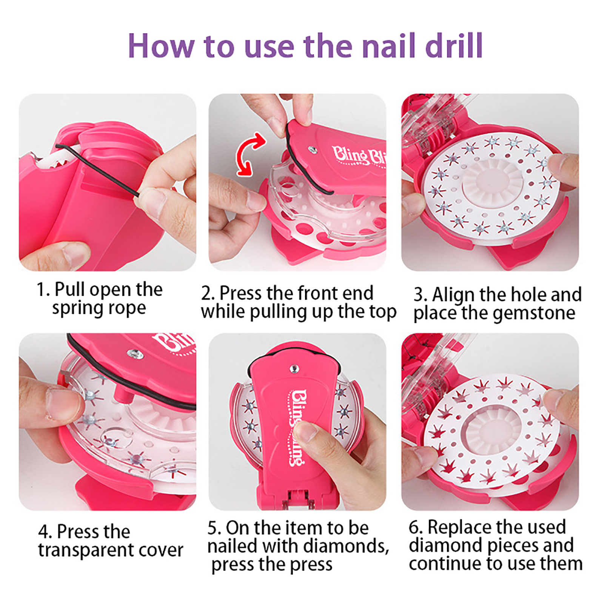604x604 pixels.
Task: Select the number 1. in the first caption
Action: (x=43, y=290)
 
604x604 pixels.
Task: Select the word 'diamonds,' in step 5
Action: (x=346, y=546)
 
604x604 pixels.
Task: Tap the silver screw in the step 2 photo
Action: (x=313, y=150)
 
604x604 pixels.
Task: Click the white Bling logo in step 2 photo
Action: (x=359, y=156)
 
